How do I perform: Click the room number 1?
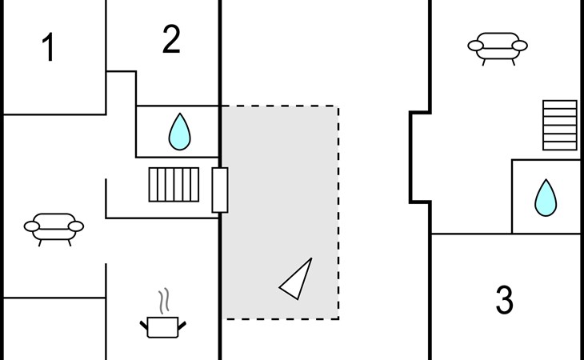pos(49,49)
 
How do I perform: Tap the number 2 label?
pos(171,40)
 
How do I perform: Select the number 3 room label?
pos(504,300)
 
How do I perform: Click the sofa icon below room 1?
pos(54,226)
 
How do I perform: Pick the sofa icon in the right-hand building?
pos(498,46)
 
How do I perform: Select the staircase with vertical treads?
pos(174,184)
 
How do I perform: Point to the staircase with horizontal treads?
pos(560,125)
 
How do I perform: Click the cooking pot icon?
pos(164,326)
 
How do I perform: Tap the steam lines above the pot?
pos(164,301)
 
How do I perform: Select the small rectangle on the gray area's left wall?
pos(220,190)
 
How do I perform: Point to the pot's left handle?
pos(145,323)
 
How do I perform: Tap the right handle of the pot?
pos(183,323)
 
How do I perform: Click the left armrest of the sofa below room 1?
pos(32,226)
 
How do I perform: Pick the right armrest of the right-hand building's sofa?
pos(520,46)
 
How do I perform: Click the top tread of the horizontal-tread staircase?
pos(560,104)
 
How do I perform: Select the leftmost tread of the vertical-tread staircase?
pos(153,184)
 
